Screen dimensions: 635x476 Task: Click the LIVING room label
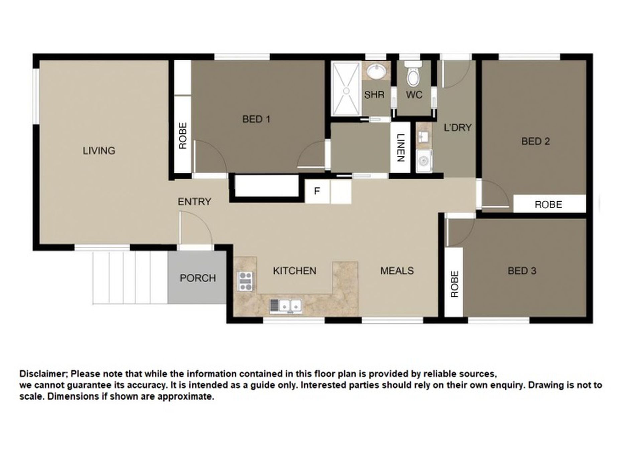99,151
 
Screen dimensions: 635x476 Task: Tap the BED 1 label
256,119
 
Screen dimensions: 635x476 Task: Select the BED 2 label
536,141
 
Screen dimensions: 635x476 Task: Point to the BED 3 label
522,271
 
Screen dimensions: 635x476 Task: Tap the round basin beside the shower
376,72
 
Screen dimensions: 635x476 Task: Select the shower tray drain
347,91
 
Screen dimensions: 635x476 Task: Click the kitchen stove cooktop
246,281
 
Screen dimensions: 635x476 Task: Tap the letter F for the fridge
317,191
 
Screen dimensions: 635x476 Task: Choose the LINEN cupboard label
401,148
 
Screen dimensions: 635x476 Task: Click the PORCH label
198,278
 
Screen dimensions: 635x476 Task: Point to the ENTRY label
195,202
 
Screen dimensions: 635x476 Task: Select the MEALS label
397,271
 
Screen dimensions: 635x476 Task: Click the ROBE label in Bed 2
548,204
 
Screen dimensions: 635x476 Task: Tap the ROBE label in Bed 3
455,284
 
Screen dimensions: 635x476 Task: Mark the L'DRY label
458,127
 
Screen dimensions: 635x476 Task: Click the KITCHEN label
295,271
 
